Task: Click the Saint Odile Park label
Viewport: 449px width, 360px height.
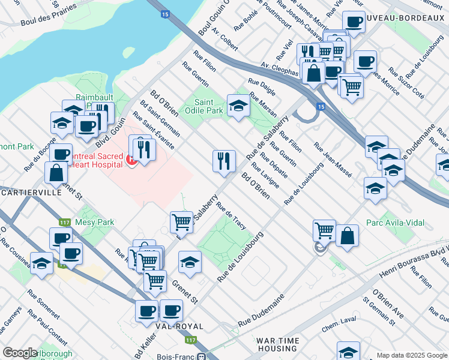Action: tap(209, 106)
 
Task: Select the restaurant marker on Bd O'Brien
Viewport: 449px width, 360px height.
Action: tap(224, 161)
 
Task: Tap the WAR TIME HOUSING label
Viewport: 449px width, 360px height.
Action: tap(277, 344)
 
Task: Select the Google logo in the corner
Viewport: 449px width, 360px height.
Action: tap(20, 353)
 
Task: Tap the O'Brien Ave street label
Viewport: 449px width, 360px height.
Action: tap(388, 305)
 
